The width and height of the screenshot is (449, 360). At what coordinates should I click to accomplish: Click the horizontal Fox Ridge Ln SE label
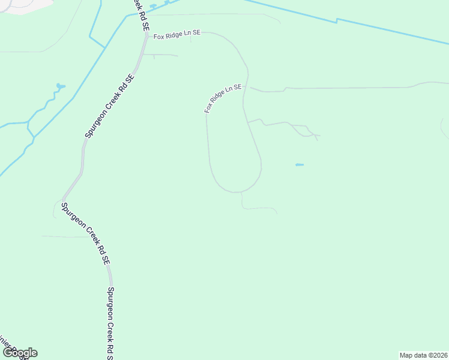[x=176, y=35]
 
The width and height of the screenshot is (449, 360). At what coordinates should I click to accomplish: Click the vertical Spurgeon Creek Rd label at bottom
[x=112, y=321]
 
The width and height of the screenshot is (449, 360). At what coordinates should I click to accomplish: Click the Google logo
[x=19, y=353]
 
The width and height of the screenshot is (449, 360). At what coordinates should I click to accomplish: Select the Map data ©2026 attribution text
[x=423, y=355]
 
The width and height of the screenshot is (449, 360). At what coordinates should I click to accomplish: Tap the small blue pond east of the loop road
[x=300, y=165]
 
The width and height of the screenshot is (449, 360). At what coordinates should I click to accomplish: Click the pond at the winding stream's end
[x=61, y=87]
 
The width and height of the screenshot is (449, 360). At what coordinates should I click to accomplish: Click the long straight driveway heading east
[x=348, y=88]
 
